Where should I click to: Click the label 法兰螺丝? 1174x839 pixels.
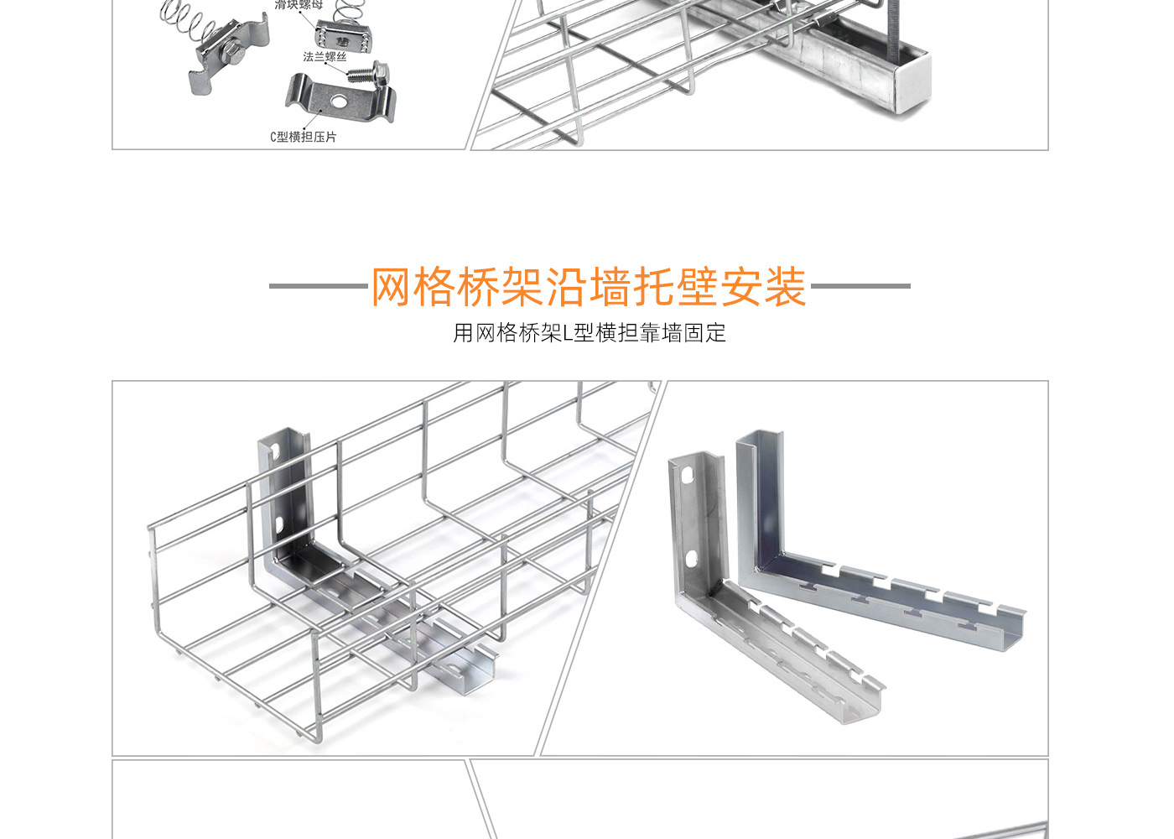pyautogui.click(x=325, y=57)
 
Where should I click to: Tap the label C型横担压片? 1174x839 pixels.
pyautogui.click(x=303, y=137)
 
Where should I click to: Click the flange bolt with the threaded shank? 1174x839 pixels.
pyautogui.click(x=369, y=73)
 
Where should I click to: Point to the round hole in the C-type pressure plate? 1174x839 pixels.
pyautogui.click(x=337, y=101)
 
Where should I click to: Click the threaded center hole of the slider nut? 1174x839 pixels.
pyautogui.click(x=343, y=38)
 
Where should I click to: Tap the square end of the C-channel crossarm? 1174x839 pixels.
pyautogui.click(x=908, y=82)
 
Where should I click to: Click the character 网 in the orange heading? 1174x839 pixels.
pyautogui.click(x=392, y=287)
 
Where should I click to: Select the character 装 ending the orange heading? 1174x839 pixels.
pyautogui.click(x=785, y=287)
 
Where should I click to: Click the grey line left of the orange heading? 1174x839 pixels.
pyautogui.click(x=319, y=286)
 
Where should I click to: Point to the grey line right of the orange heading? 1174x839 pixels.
pyautogui.click(x=860, y=286)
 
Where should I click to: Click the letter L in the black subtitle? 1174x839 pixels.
pyautogui.click(x=568, y=333)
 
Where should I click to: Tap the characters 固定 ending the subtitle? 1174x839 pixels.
pyautogui.click(x=704, y=333)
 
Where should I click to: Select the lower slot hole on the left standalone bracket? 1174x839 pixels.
pyautogui.click(x=692, y=559)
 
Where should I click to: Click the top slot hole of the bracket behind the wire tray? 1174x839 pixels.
pyautogui.click(x=274, y=451)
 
